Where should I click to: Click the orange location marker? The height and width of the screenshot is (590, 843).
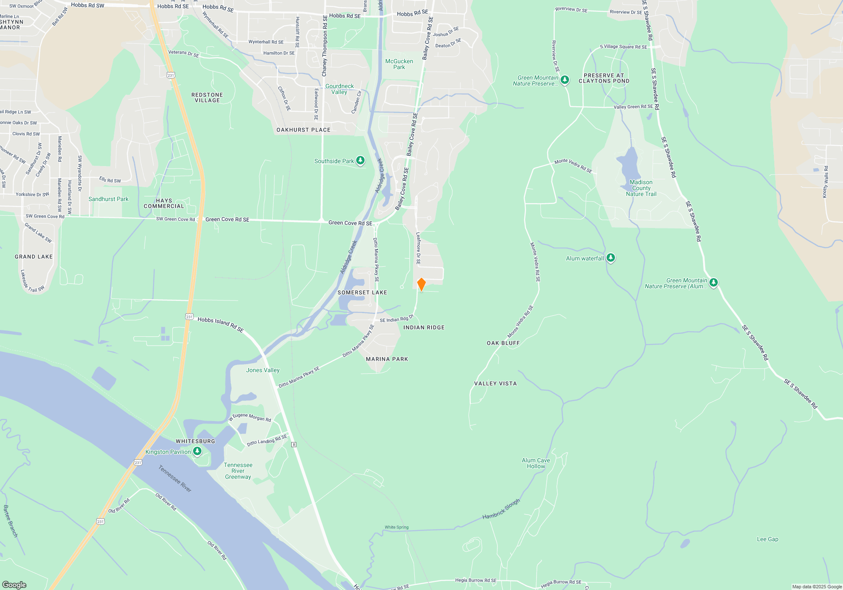[x=421, y=284]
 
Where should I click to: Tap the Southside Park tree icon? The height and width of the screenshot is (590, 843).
[x=360, y=161]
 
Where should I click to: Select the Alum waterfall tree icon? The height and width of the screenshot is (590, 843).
[x=610, y=258]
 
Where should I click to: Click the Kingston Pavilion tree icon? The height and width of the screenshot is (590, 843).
[x=197, y=451]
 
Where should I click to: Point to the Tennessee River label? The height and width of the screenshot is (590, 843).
[x=175, y=478]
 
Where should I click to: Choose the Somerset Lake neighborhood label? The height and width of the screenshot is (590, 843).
[x=362, y=292]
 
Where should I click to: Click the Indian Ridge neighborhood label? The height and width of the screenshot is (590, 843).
[x=424, y=327]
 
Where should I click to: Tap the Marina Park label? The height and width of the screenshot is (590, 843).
[x=387, y=359]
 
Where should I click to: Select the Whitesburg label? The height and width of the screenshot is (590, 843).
[x=195, y=441]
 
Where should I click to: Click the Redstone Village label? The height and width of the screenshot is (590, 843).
[x=207, y=98]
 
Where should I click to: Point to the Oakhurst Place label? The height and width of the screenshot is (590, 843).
[x=303, y=130]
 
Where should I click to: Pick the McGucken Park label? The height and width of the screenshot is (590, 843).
[x=399, y=64]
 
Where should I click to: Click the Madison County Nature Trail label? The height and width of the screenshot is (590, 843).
[x=641, y=188]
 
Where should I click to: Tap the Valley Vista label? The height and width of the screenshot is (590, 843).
[x=495, y=383]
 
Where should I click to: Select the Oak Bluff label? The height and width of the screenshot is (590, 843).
[x=503, y=343]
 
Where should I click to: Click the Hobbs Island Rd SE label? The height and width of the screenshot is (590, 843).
[x=220, y=324]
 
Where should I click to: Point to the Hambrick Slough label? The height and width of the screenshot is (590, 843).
[x=501, y=509]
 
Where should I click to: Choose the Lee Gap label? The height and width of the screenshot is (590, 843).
[x=768, y=539]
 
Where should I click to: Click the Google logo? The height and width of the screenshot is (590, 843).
[x=14, y=585]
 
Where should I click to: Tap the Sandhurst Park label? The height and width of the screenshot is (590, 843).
[x=108, y=199]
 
